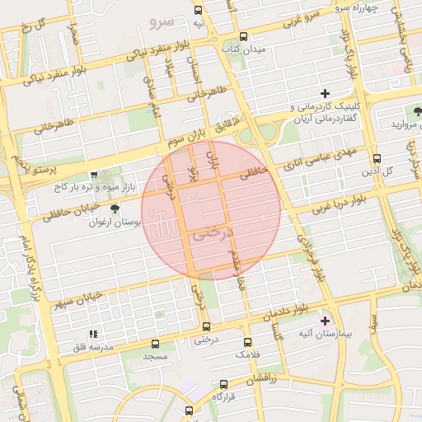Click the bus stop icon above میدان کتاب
[243, 36]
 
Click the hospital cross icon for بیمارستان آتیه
[325, 320]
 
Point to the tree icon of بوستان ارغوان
[115, 209]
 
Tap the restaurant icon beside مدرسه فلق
[93, 334]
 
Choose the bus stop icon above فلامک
[247, 341]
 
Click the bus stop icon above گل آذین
[377, 158]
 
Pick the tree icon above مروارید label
[410, 110]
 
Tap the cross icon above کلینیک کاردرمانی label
[325, 93]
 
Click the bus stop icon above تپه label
[198, 10]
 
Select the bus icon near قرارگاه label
[224, 384]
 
